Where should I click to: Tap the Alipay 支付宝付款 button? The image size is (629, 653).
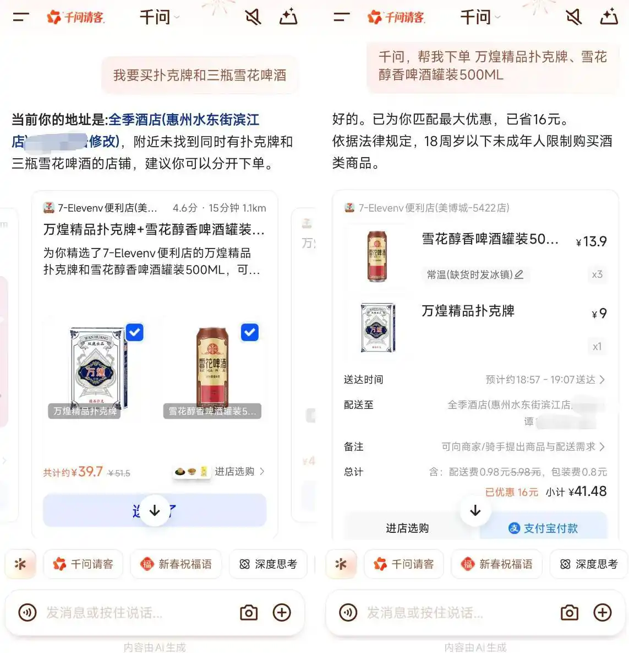pos(544,528)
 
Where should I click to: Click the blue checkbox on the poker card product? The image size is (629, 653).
pos(135,332)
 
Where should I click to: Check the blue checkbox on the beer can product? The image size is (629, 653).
pos(250,332)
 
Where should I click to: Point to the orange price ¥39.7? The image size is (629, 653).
pos(90,472)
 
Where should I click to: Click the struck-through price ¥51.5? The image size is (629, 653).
pos(119,473)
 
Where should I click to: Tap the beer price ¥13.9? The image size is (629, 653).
pos(592,241)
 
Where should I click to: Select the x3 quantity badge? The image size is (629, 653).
pos(597,274)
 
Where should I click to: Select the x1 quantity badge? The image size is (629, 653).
pos(597,347)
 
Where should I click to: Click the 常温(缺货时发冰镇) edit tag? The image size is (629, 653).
pos(475,274)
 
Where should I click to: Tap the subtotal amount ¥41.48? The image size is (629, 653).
pos(588,492)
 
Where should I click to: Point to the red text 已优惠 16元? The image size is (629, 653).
pos(511,492)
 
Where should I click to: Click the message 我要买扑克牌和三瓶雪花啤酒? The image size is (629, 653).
pos(200,75)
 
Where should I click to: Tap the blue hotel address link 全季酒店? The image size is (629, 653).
pos(183,120)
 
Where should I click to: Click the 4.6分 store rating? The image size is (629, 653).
pos(185,208)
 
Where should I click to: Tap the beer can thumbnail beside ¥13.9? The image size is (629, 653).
pos(377,257)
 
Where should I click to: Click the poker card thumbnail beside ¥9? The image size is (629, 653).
pos(378,327)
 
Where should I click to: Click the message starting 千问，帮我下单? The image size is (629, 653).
pos(492,65)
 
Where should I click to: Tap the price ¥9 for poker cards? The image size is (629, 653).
pos(599,314)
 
